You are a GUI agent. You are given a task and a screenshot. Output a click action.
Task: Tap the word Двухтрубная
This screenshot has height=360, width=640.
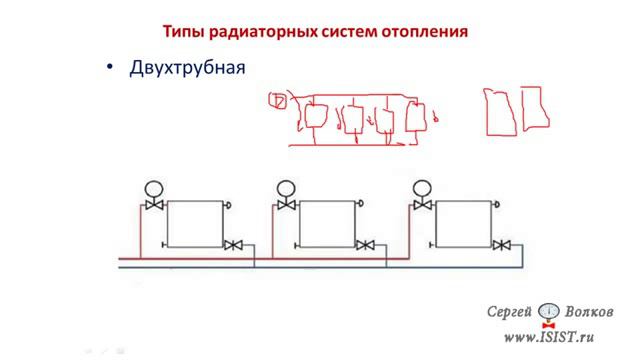tap(187, 68)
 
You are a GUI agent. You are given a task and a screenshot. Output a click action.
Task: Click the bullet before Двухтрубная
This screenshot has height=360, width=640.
tap(111, 68)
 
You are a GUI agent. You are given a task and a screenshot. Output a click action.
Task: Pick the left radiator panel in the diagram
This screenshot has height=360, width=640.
tap(195, 223)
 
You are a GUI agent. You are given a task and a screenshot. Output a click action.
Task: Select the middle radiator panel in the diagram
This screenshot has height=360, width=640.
tap(329, 223)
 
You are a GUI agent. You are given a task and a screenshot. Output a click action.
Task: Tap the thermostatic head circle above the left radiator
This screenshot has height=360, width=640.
tap(154, 187)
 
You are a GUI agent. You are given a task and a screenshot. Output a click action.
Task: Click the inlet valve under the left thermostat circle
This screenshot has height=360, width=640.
tap(154, 206)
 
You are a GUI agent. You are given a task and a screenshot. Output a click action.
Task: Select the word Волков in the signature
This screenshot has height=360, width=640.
tap(594, 310)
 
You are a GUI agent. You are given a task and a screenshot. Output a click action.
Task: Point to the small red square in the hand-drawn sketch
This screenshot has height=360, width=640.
tap(279, 100)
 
